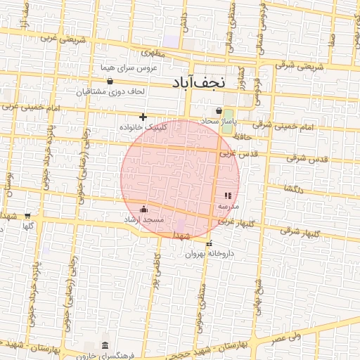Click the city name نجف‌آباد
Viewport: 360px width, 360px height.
[x=198, y=82]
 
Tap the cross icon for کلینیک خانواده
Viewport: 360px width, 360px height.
[x=143, y=117]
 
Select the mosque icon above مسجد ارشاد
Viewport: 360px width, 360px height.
[x=144, y=209]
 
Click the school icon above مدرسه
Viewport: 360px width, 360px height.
[x=227, y=196]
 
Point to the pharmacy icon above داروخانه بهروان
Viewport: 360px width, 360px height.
[x=208, y=244]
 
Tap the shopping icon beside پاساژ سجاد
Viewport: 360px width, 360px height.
[x=219, y=110]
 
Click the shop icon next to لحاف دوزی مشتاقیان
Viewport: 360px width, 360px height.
[x=110, y=82]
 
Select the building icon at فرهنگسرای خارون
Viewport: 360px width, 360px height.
[x=105, y=345]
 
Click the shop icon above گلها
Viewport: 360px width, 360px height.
[x=27, y=216]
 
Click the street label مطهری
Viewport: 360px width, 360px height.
[x=152, y=52]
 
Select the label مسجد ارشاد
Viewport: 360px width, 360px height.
[x=143, y=220]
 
